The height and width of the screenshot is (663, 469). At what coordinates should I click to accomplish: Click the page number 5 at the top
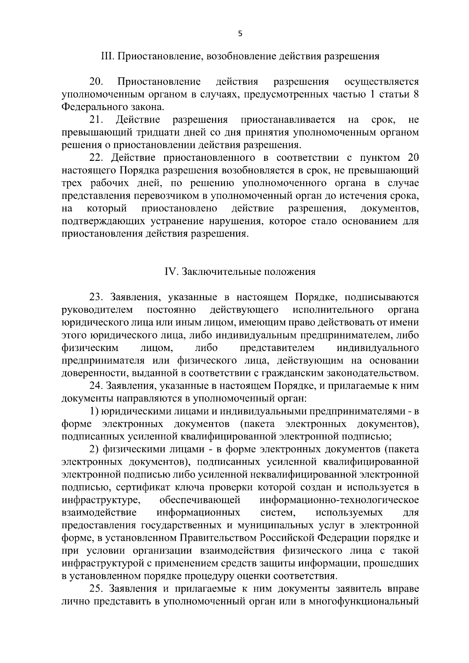tap(240, 34)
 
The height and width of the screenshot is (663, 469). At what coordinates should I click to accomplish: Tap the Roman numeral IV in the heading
tap(171, 272)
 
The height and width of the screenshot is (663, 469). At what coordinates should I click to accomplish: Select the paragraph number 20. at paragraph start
tap(96, 82)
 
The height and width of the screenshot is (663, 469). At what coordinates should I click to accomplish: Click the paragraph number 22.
tap(96, 158)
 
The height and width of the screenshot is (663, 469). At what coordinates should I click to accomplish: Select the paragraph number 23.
tap(96, 298)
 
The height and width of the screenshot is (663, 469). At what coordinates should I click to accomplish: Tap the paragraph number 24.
tap(96, 386)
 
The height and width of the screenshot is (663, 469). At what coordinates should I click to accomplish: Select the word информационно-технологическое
tap(339, 500)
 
